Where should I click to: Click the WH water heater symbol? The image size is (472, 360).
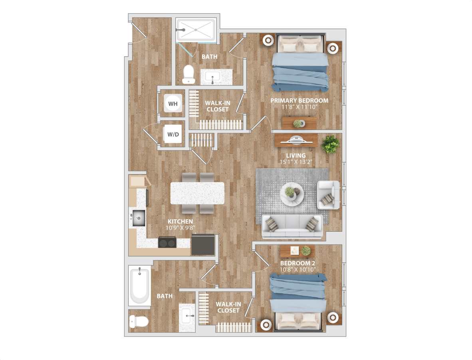click(173, 104)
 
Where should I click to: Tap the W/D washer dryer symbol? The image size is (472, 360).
click(173, 134)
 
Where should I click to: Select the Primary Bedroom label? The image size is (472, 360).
click(299, 101)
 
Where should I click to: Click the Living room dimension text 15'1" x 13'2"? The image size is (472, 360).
click(295, 162)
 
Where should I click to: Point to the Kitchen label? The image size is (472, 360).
click(180, 221)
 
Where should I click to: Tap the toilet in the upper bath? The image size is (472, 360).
click(188, 74)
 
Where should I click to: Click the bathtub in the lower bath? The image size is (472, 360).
click(139, 285)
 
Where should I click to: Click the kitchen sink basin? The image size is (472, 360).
click(139, 218)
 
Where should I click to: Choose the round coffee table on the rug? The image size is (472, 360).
click(292, 193)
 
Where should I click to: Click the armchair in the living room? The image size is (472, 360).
click(328, 195)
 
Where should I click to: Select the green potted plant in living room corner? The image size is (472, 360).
click(330, 144)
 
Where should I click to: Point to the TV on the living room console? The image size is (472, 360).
click(296, 140)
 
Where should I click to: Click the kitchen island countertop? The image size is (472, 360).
click(197, 193)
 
